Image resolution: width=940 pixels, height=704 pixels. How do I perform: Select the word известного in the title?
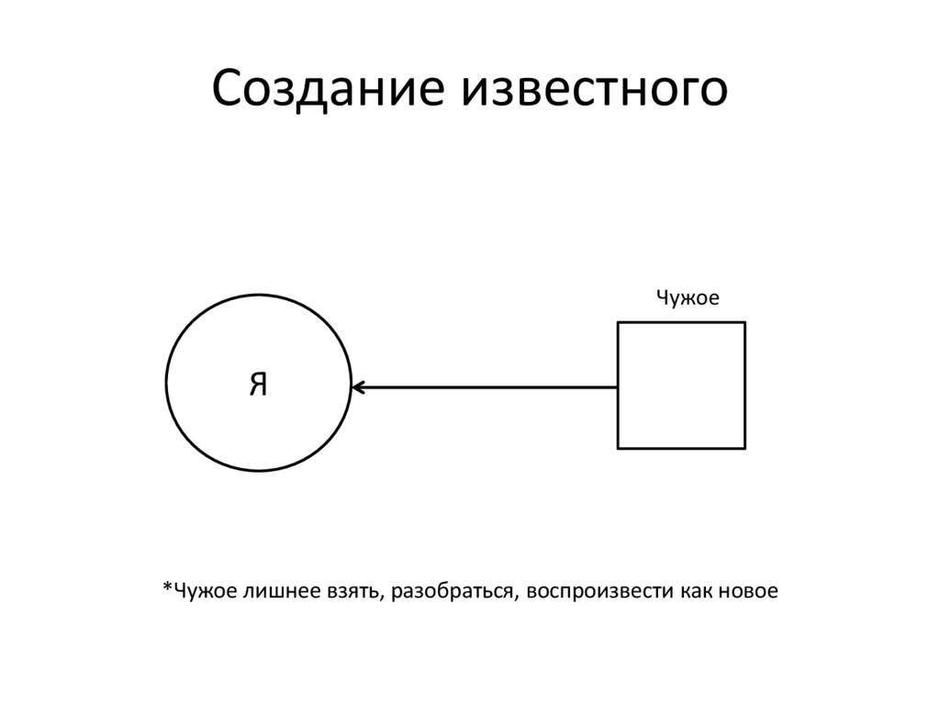coord(596,91)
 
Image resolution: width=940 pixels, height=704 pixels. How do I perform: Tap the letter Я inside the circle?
coord(258,385)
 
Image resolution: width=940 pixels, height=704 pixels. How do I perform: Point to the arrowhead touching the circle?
coord(357,387)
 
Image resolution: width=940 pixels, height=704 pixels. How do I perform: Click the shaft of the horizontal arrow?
coord(487,387)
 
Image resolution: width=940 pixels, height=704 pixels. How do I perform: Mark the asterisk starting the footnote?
coord(167,588)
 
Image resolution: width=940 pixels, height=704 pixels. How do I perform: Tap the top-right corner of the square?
coord(744,322)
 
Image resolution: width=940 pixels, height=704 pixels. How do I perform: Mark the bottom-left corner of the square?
coord(618,448)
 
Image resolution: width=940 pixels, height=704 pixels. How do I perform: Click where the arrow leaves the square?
coord(618,387)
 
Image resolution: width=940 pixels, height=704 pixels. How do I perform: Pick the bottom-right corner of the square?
coord(744,448)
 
